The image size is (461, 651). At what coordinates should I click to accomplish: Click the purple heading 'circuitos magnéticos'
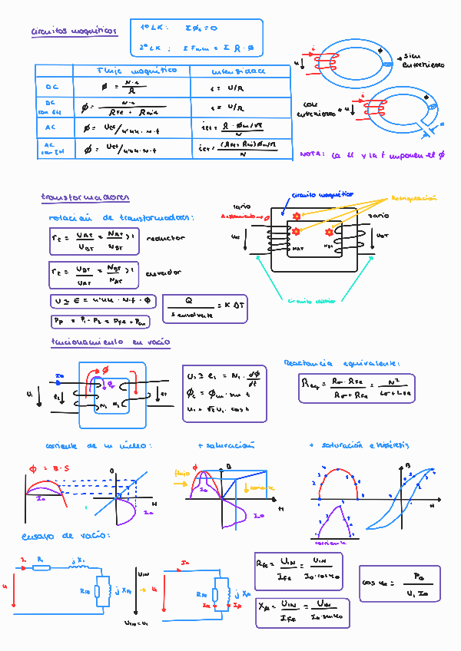[x=74, y=31]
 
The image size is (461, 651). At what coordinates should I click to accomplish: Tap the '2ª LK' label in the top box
[x=150, y=48]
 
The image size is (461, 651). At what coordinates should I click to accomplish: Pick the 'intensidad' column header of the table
[x=238, y=71]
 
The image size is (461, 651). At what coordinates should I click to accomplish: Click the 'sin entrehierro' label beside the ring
[x=423, y=61]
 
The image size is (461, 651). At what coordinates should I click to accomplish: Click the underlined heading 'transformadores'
[x=85, y=197]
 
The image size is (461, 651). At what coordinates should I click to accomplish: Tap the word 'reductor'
[x=165, y=238]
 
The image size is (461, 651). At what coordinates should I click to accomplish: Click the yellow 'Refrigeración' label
[x=414, y=198]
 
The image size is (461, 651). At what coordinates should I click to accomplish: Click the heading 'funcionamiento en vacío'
[x=111, y=342]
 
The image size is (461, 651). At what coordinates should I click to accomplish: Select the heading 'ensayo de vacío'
[x=76, y=535]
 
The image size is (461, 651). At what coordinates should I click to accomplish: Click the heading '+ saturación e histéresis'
[x=358, y=445]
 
